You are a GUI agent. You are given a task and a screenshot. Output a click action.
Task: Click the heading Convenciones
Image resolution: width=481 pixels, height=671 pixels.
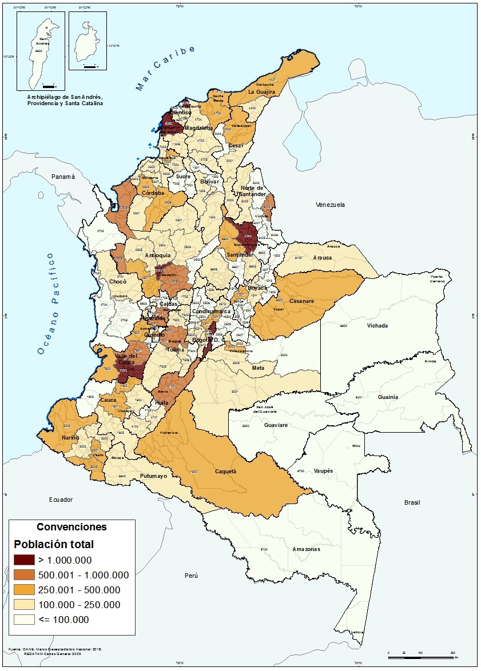(71, 526)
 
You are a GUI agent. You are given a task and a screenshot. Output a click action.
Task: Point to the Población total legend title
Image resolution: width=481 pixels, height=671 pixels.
(54, 544)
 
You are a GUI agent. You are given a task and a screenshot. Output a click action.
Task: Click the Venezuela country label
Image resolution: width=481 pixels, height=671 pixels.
(331, 204)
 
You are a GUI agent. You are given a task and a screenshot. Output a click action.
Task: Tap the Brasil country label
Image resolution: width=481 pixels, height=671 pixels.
(412, 502)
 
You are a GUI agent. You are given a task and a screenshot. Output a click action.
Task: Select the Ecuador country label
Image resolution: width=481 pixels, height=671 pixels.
(61, 500)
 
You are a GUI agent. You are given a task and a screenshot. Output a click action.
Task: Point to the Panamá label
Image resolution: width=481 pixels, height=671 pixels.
(63, 177)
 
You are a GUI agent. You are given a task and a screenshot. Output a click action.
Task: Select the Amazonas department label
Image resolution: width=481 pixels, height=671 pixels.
(306, 549)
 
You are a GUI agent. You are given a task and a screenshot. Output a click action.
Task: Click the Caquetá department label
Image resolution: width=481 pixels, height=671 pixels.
(225, 472)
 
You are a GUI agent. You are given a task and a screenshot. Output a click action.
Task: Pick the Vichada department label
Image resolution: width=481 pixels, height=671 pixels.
(377, 326)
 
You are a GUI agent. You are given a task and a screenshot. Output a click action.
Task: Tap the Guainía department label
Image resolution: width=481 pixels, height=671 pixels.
(388, 397)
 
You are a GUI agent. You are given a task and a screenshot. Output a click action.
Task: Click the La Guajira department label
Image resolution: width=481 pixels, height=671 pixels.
(262, 91)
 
